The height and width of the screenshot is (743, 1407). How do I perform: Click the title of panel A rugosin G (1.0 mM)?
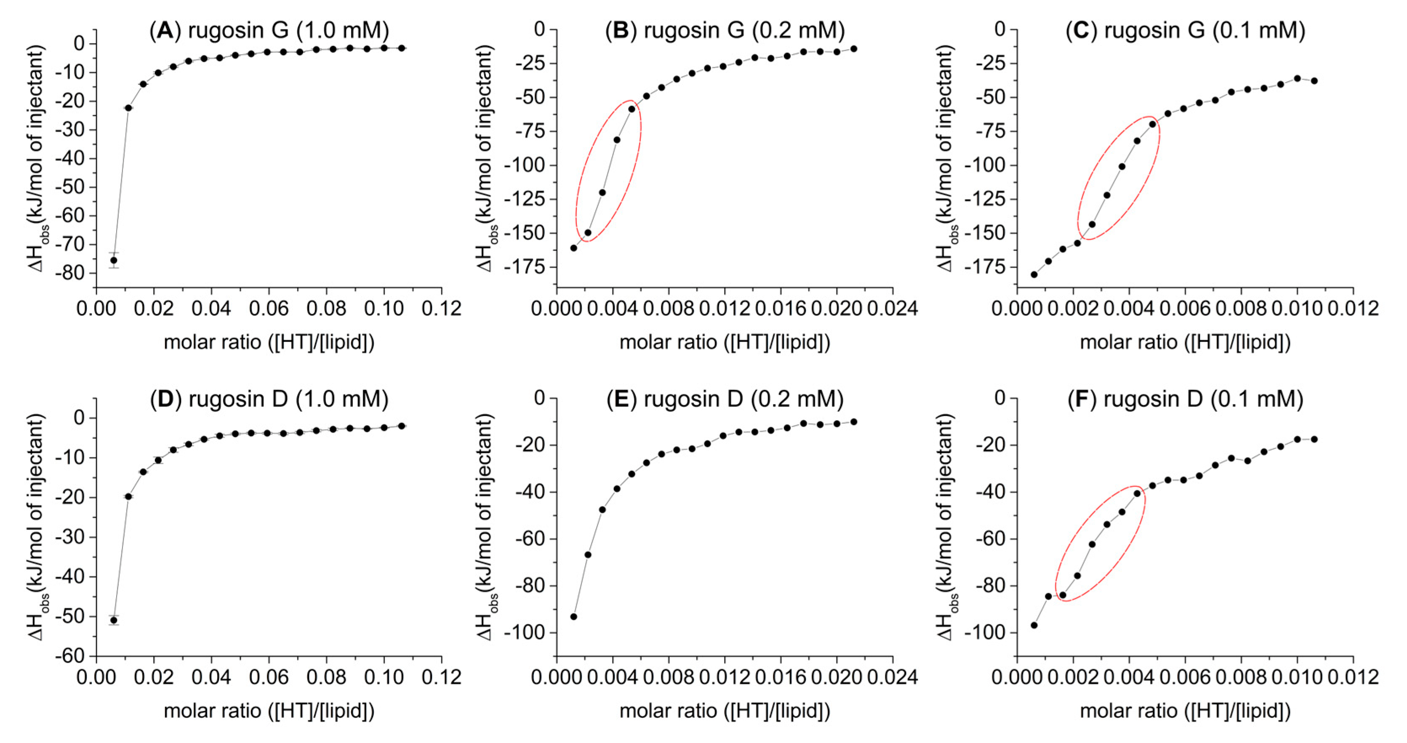(x=269, y=30)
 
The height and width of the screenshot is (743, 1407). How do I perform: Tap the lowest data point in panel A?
(x=114, y=260)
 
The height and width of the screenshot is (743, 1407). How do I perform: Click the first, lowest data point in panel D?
(x=114, y=620)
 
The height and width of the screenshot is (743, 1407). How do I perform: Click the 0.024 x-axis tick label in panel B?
(x=893, y=309)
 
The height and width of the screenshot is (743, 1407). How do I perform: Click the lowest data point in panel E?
(x=573, y=617)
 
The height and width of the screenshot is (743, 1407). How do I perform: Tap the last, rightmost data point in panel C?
(x=1314, y=81)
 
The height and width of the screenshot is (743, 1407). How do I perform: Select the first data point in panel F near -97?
(x=1034, y=625)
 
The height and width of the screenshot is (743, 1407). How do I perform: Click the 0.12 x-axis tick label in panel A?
(x=441, y=309)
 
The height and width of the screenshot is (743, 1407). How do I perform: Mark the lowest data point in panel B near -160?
(x=573, y=248)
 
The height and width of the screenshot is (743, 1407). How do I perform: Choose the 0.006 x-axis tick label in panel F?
(x=1184, y=677)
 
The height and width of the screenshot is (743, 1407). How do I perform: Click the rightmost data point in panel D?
(x=402, y=426)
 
